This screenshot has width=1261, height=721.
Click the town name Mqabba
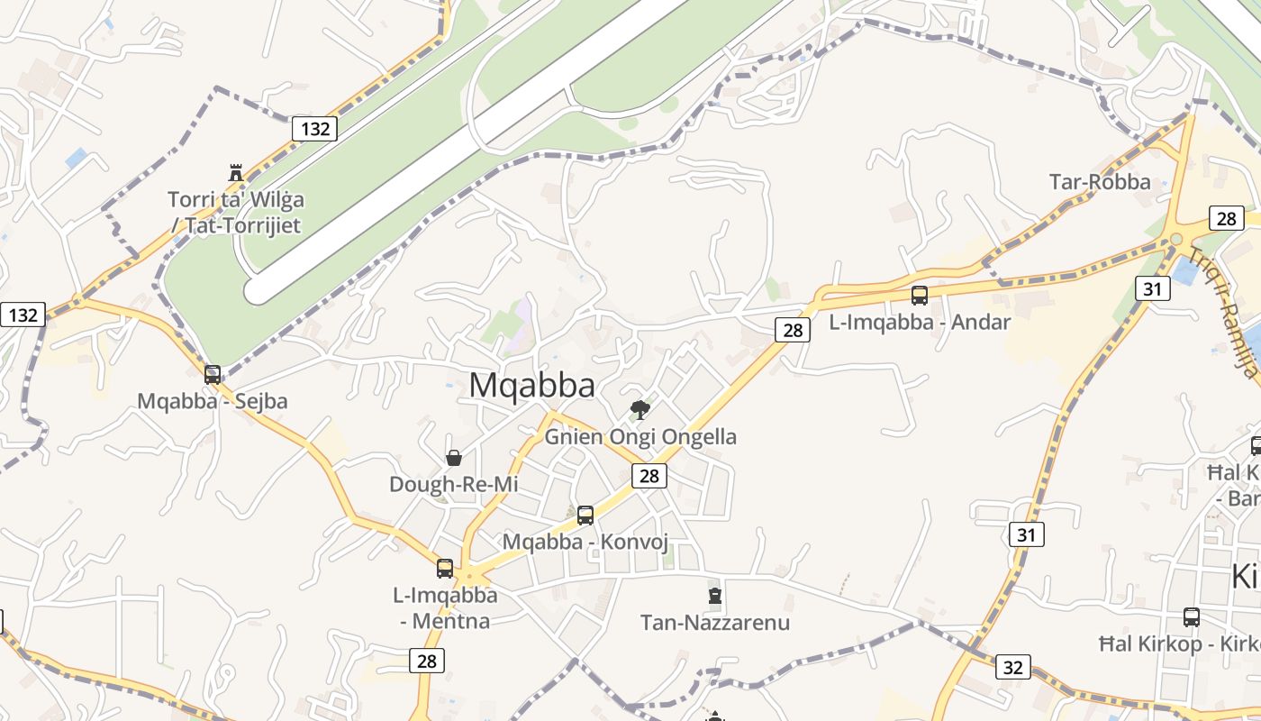click(x=531, y=386)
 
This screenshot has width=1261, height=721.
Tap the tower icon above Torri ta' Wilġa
click(x=236, y=172)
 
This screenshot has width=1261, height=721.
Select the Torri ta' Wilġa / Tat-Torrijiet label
click(x=236, y=212)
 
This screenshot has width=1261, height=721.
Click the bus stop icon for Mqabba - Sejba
click(x=213, y=374)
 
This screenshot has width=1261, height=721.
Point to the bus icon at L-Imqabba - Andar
click(x=920, y=295)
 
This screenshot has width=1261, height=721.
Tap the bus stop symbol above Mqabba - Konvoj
click(x=585, y=516)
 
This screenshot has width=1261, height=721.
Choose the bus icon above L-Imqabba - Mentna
click(x=445, y=568)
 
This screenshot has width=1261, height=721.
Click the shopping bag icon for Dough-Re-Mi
click(x=454, y=458)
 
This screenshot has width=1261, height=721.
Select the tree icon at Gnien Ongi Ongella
click(x=640, y=411)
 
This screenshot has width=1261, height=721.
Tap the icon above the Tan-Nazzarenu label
click(x=715, y=596)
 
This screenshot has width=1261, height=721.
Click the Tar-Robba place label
click(x=1100, y=182)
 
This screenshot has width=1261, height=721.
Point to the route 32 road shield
click(x=1013, y=667)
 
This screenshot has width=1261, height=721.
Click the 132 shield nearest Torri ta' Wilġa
click(x=315, y=129)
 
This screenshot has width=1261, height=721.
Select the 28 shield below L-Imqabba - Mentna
click(x=427, y=661)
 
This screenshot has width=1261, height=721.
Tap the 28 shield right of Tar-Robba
click(x=1226, y=218)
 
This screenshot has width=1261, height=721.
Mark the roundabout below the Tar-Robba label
click(x=1175, y=239)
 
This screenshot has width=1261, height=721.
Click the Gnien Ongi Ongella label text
click(x=640, y=437)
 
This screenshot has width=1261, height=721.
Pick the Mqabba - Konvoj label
click(x=585, y=542)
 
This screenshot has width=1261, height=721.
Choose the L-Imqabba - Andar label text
click(x=920, y=322)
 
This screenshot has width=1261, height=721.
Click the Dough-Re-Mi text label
click(x=454, y=485)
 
